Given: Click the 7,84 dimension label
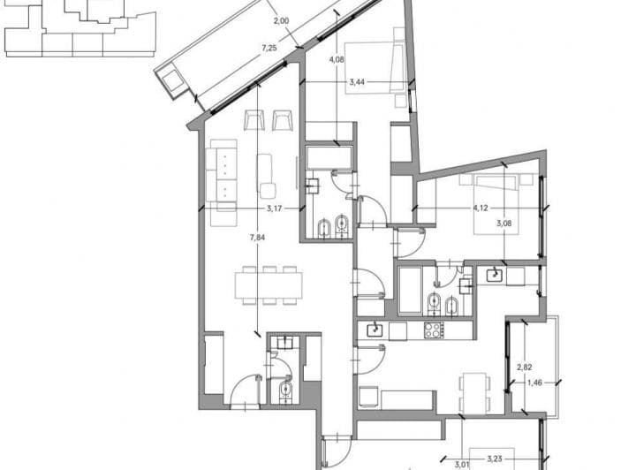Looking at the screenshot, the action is click(258, 238).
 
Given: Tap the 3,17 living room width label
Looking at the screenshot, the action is click(274, 208).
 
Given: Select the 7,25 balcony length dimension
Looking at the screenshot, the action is click(269, 48).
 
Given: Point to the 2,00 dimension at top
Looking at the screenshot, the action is click(282, 20).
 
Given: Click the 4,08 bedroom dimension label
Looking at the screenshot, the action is click(337, 59).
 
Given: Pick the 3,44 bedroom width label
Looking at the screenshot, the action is click(357, 82).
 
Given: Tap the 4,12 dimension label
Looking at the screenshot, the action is click(481, 208).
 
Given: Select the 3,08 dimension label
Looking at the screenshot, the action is click(504, 223).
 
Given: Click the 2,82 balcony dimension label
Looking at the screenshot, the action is click(525, 368).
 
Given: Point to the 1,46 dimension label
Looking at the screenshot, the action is click(535, 383).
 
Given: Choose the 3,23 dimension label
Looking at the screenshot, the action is click(495, 459).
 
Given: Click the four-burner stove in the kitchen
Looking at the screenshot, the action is click(434, 330).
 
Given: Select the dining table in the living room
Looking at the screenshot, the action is click(269, 285).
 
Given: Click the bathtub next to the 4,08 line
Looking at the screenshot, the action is click(329, 158).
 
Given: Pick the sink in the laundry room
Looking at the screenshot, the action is click(495, 276).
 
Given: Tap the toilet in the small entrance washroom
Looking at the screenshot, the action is click(285, 390).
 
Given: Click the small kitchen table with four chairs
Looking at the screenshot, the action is click(474, 392).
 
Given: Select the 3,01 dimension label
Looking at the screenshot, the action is click(462, 465).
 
